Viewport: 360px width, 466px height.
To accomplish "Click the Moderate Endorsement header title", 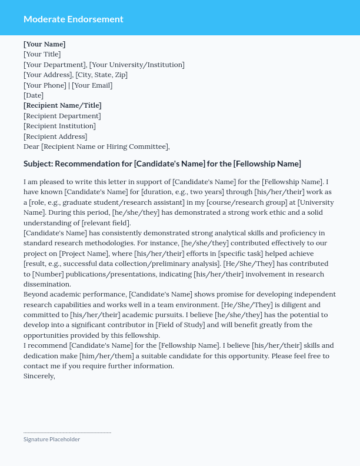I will [74, 19].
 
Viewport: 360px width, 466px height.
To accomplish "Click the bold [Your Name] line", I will [45, 44].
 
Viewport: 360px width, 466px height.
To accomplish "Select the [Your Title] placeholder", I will [42, 54].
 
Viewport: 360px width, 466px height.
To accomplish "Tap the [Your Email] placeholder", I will [92, 85].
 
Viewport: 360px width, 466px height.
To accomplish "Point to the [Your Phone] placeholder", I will [45, 85].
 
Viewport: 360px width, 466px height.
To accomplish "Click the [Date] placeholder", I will [34, 95].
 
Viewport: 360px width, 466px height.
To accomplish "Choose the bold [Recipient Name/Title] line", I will [62, 105].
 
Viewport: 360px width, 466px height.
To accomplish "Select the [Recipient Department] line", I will [62, 116].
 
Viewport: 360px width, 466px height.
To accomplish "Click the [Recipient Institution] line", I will [59, 126].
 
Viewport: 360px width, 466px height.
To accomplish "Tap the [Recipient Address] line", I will [55, 137].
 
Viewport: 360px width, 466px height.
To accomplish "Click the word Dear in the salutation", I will [32, 147].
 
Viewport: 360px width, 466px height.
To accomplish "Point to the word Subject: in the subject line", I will [38, 164].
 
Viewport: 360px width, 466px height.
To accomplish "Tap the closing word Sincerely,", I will [39, 376].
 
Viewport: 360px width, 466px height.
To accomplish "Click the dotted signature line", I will [67, 432].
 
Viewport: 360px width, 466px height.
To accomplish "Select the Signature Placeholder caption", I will [52, 440].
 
